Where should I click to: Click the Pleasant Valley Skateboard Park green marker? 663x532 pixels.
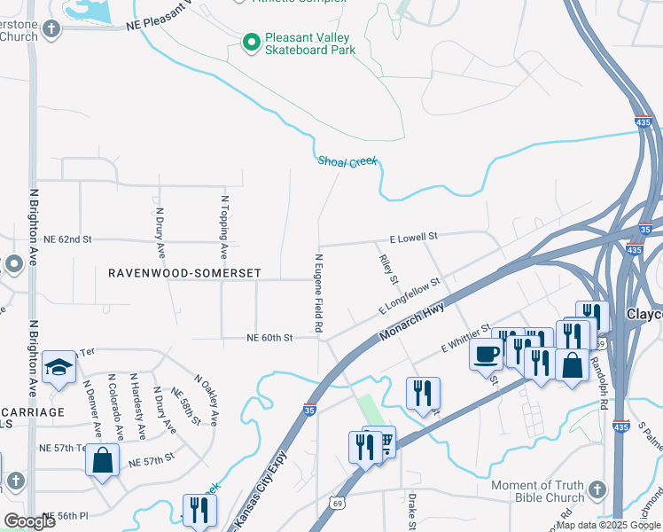[x=251, y=42]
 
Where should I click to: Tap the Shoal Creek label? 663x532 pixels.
[x=347, y=160]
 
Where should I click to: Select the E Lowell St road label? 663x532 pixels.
[x=414, y=238]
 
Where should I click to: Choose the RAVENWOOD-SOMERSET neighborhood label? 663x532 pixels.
[x=184, y=274]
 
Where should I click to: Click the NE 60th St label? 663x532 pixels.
[x=269, y=338]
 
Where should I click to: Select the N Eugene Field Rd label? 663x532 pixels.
[x=318, y=293]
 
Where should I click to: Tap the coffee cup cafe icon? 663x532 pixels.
[x=486, y=354]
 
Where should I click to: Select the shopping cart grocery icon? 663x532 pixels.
[x=383, y=442]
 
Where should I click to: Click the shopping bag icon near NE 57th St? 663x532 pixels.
[x=103, y=460]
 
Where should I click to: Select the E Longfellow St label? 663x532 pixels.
[x=409, y=296]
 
